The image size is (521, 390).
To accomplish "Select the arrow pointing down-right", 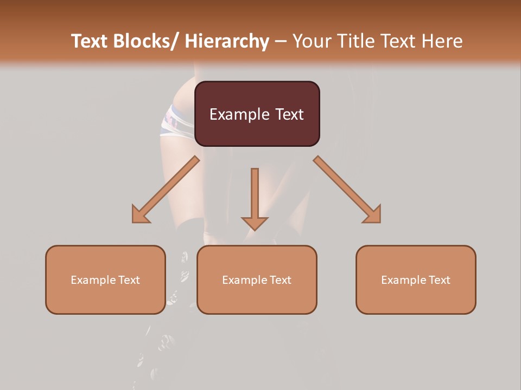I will (x=347, y=190).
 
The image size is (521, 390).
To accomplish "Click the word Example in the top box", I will (x=239, y=114).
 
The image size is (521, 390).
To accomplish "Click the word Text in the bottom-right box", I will (x=438, y=280).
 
